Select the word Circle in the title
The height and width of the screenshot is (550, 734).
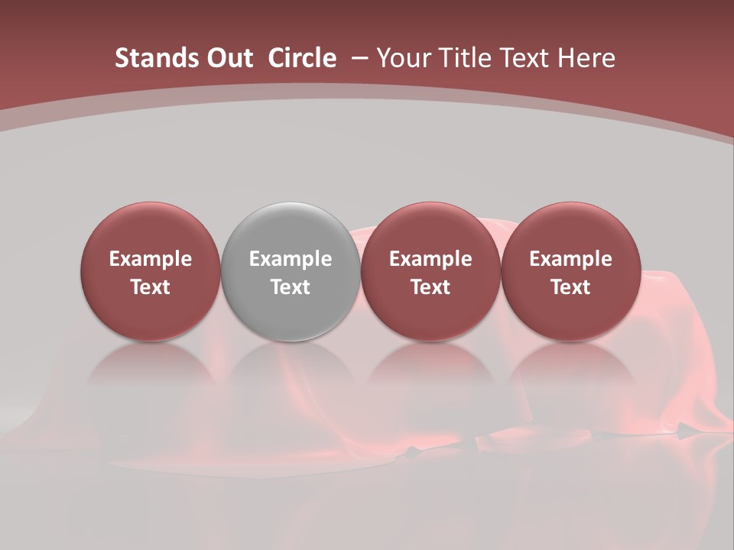point(302,58)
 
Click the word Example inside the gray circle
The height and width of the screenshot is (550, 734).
point(291,259)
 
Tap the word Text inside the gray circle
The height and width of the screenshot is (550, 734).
point(291,287)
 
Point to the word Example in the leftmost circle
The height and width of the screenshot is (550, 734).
point(150,259)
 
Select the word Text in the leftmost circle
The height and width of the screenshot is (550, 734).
point(150,287)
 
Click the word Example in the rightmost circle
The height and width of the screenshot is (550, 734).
point(570,259)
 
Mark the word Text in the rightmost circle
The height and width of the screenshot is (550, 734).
point(570,287)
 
